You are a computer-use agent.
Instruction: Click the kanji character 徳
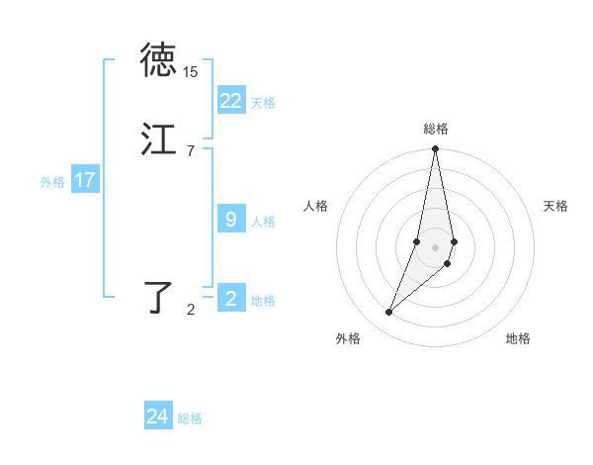tap(158, 61)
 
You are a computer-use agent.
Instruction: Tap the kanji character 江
tap(158, 140)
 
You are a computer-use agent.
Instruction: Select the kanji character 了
tap(158, 298)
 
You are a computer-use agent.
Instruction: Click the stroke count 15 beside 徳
tap(190, 72)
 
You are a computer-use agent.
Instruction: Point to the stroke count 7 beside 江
tap(190, 150)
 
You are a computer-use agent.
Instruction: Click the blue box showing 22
tap(231, 101)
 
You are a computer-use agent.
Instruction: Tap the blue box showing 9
tap(231, 220)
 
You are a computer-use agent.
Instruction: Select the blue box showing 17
tap(85, 180)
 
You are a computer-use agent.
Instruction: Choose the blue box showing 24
tap(158, 417)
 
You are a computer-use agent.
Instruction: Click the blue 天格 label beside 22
tap(263, 103)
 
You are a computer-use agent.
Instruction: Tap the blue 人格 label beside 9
tap(263, 222)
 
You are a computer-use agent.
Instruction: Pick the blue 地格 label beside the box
tap(263, 301)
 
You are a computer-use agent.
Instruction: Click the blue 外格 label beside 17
tap(52, 182)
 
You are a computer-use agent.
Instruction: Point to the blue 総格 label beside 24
tap(190, 418)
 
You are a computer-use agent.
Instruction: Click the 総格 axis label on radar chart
tap(436, 129)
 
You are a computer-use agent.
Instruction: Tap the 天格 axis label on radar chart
tap(555, 206)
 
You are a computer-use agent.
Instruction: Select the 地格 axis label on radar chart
tap(518, 339)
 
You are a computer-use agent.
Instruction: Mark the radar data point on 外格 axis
tap(388, 313)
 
